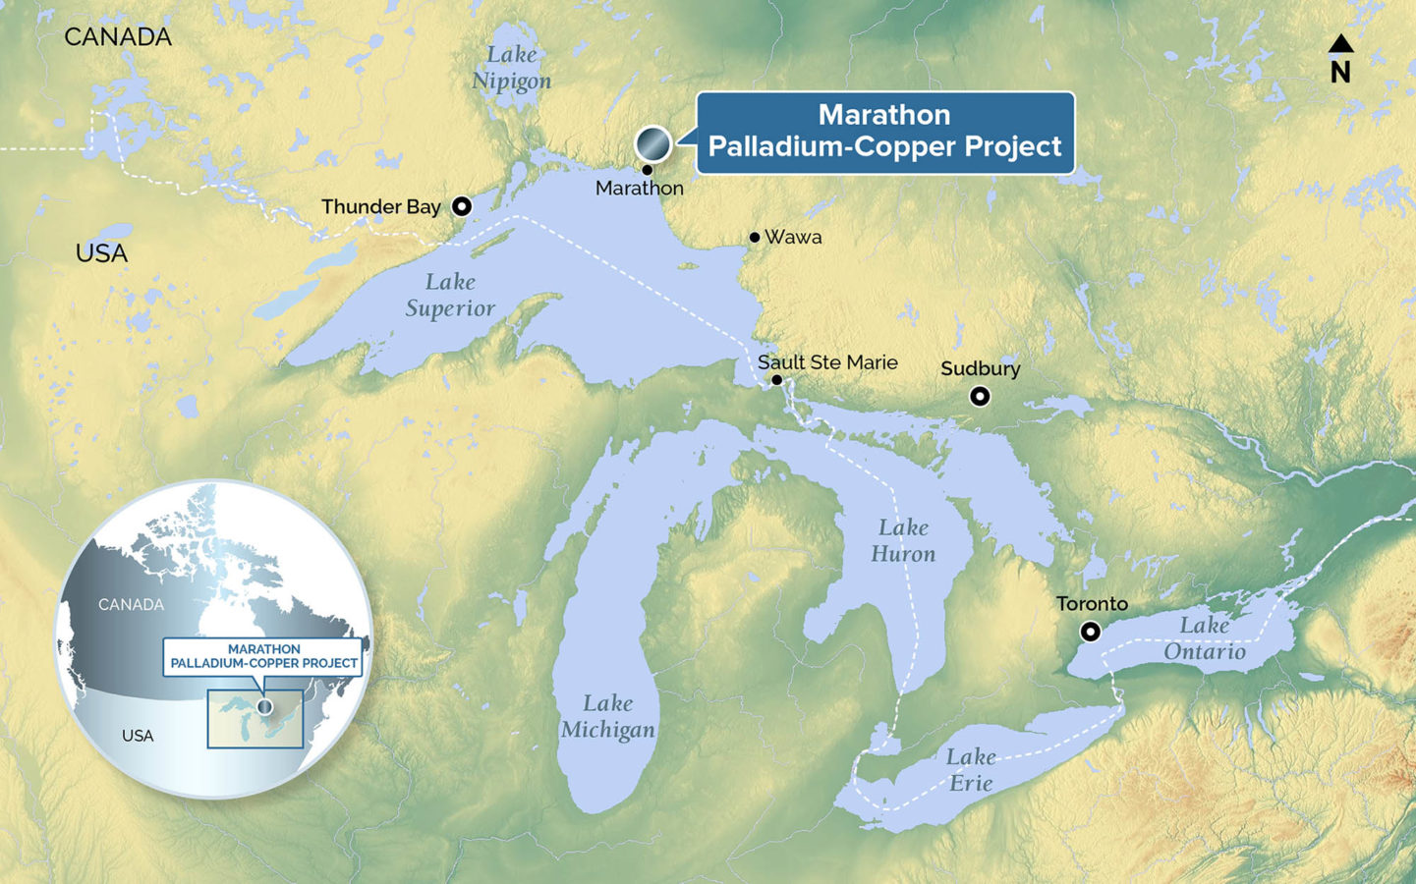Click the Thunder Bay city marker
coord(461,206)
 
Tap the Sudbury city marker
coord(979,396)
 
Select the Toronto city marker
coord(1090,632)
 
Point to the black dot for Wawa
coord(755,237)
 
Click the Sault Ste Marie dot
coord(776,380)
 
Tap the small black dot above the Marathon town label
coord(647,170)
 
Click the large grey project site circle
coord(652,144)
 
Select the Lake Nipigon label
coord(511,68)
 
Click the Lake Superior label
coord(450,295)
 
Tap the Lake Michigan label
coord(607,716)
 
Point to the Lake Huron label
coord(903,540)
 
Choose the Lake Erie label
coord(971,769)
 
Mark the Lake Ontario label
coord(1205,638)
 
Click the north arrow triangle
coord(1340,43)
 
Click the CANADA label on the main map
coord(118,37)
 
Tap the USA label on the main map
coord(101,253)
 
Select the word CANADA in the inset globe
coord(131,604)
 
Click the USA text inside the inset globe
coord(138,736)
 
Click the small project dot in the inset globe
coord(264,707)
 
